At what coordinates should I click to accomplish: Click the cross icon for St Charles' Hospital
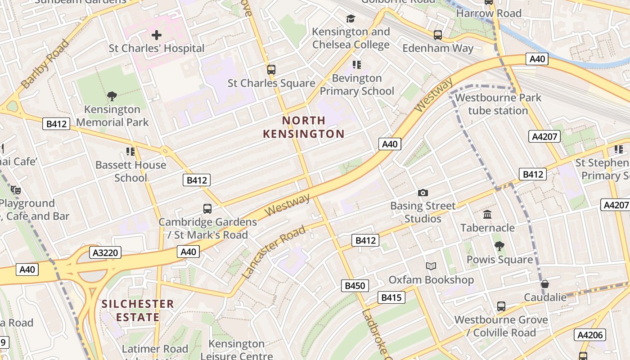(x=156, y=35)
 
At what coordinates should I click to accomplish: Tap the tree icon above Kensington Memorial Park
(x=112, y=96)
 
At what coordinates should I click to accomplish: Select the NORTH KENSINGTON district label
(x=304, y=127)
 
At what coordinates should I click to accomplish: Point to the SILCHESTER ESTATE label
(x=138, y=310)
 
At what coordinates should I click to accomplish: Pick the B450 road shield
(x=355, y=285)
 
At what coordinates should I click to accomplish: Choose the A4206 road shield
(x=590, y=335)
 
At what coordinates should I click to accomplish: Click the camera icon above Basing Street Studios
(x=423, y=193)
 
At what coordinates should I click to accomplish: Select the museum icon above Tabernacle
(x=487, y=214)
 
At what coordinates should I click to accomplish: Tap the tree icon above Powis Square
(x=499, y=246)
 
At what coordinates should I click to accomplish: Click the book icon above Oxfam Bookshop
(x=431, y=266)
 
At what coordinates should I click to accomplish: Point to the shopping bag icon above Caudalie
(x=544, y=284)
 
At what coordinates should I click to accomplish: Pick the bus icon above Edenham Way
(x=437, y=35)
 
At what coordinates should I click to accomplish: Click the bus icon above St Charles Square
(x=271, y=70)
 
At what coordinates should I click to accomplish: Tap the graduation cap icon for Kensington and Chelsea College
(x=351, y=18)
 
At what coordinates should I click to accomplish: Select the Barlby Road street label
(x=45, y=63)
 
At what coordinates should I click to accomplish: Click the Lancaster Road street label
(x=274, y=252)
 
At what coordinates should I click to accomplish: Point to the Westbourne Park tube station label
(x=498, y=104)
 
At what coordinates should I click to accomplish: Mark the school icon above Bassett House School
(x=130, y=151)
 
